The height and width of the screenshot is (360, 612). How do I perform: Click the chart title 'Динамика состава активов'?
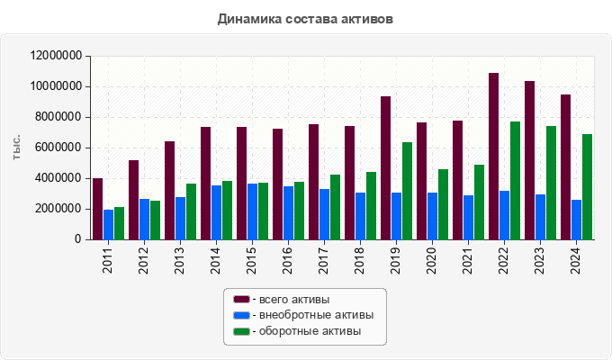306,18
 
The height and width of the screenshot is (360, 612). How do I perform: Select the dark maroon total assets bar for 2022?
494,157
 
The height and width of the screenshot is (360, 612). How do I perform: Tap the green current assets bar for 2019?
408,191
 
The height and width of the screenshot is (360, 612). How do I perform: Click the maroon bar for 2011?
98,209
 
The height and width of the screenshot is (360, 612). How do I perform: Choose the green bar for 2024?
588,187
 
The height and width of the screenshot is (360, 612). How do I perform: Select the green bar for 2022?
516,181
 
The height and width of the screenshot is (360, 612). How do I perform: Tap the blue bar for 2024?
577,220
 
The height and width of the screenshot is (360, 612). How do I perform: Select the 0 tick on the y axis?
78,239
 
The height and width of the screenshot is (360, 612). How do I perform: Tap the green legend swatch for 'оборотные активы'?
241,331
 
